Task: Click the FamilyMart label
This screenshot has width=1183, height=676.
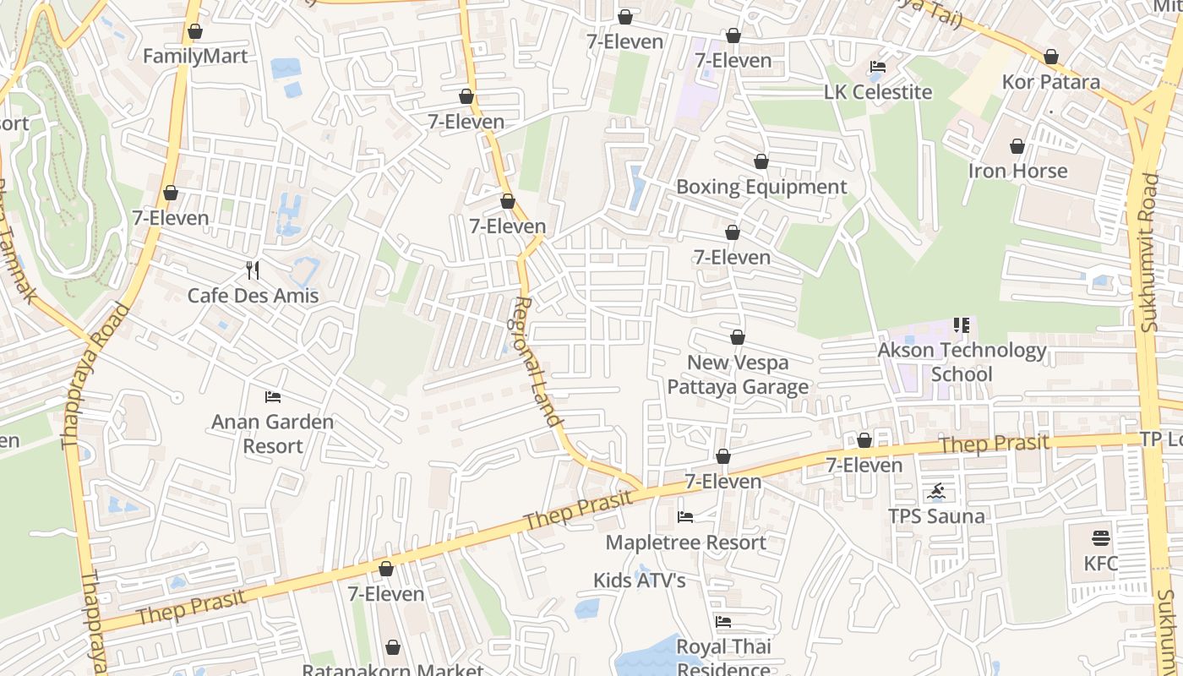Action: point(195,57)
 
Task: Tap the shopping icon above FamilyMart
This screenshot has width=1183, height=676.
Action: point(195,32)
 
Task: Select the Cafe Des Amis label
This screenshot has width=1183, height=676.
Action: point(253,296)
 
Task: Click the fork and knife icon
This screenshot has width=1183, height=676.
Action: point(253,270)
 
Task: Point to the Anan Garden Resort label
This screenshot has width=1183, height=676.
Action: point(272,433)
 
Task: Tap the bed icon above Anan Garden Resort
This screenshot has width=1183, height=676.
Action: point(272,396)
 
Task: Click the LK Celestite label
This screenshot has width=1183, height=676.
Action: point(878,92)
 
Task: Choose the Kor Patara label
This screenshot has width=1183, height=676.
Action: point(1050,82)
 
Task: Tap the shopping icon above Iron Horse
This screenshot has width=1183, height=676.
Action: point(1017,146)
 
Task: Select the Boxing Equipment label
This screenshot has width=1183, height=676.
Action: point(761,187)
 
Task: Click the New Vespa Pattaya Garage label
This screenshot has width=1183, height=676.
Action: point(738,374)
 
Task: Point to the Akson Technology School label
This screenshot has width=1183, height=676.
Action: point(962,362)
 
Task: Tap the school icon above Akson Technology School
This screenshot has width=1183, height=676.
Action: point(961,325)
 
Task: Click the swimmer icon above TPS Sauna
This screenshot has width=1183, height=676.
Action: point(936,491)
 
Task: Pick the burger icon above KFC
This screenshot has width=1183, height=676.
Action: point(1100,538)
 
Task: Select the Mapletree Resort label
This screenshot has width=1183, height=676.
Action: point(685,542)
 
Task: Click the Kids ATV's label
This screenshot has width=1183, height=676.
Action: point(639,581)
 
